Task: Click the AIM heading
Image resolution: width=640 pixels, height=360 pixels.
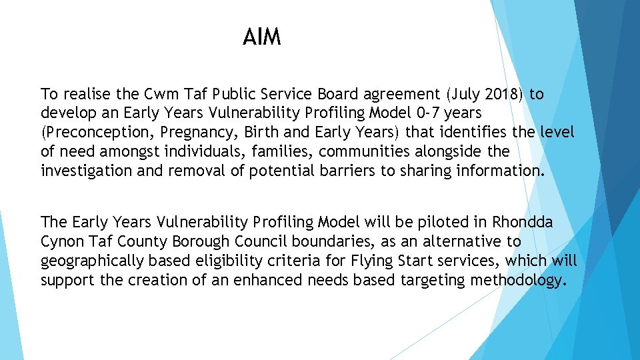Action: [x=262, y=37]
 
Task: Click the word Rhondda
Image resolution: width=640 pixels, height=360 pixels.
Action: [x=523, y=222]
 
